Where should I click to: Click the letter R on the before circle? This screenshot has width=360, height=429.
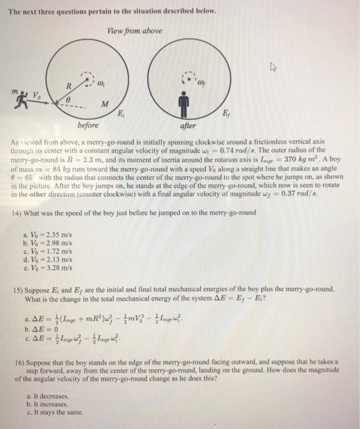[69, 85]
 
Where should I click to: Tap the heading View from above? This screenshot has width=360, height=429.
[136, 31]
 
